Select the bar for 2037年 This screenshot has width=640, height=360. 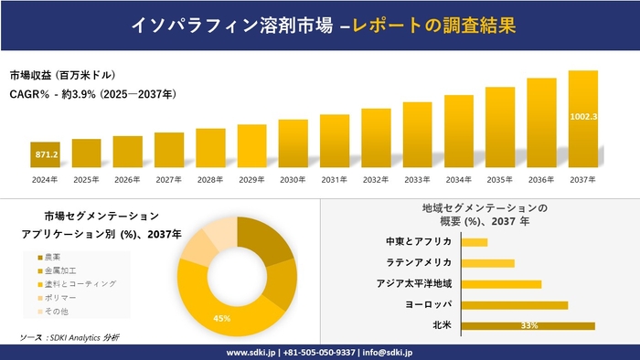(582, 119)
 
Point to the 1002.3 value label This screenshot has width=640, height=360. (582, 116)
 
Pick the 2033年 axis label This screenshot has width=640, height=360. (417, 179)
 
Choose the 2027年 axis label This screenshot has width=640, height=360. (169, 179)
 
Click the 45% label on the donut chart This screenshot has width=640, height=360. (221, 318)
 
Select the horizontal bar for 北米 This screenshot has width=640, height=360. (528, 325)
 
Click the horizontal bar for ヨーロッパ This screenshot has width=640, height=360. (515, 304)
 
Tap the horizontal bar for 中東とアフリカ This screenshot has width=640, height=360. (475, 242)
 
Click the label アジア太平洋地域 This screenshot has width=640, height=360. (414, 284)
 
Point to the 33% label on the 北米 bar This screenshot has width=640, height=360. (528, 325)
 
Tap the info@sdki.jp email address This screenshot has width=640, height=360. (388, 352)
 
